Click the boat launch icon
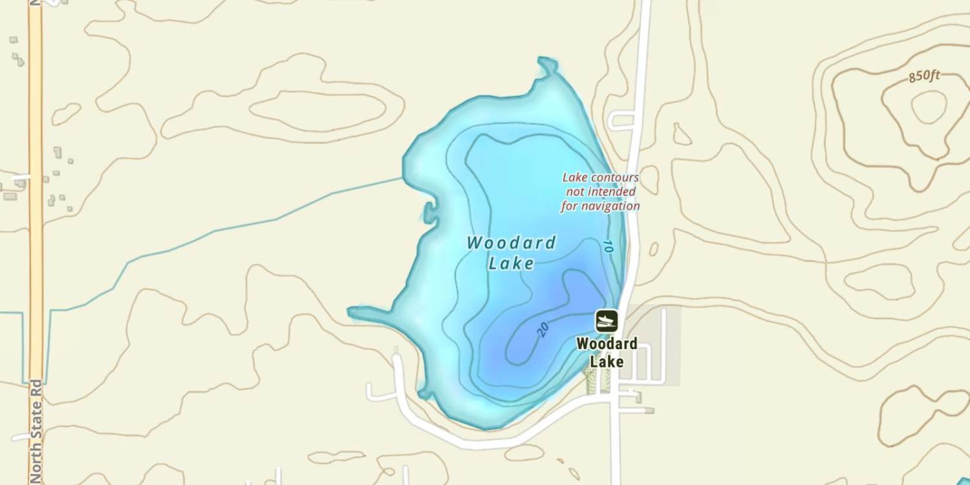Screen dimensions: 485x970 click(607, 321)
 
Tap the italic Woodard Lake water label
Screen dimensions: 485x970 click(511, 253)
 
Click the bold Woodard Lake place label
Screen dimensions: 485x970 click(607, 352)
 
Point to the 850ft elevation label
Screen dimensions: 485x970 click(924, 76)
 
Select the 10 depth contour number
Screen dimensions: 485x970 click(607, 246)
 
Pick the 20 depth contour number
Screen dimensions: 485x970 click(543, 330)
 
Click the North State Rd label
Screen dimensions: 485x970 click(36, 430)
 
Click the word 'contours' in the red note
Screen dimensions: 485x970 click(617, 177)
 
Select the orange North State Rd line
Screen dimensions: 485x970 click(36, 194)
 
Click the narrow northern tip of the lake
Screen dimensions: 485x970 click(547, 65)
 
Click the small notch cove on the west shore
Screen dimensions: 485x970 click(429, 211)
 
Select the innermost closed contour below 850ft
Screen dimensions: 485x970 click(929, 107)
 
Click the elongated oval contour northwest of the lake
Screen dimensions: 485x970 click(317, 110)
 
